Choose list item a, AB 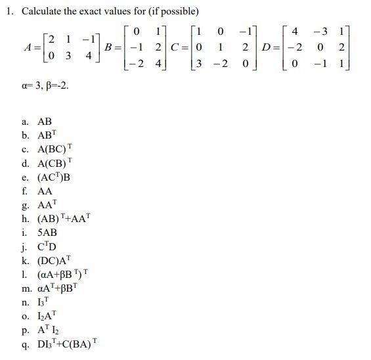coord(44,122)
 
